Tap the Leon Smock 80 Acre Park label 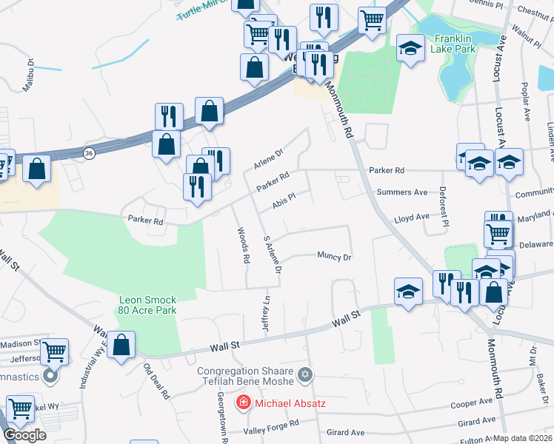[147, 305]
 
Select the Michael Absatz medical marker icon [242, 403]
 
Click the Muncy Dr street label [333, 257]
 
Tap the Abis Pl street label [284, 201]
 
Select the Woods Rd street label [242, 246]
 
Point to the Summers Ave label [402, 192]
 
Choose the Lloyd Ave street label [412, 218]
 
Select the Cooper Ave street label [472, 403]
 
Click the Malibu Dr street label [28, 75]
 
